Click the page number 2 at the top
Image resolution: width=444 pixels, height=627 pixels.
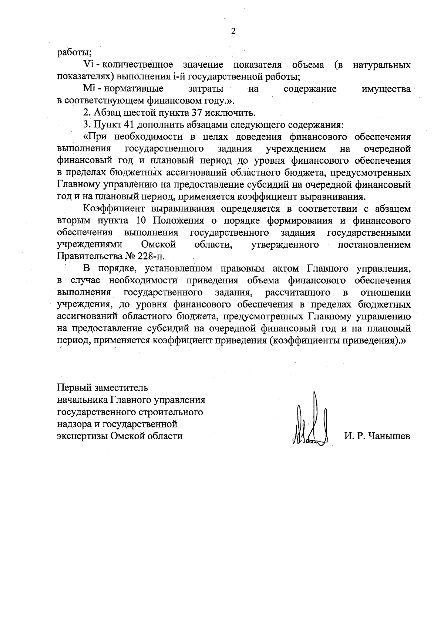(233, 31)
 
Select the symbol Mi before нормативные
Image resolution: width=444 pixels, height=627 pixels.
(90, 89)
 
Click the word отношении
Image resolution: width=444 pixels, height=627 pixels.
(385, 293)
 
